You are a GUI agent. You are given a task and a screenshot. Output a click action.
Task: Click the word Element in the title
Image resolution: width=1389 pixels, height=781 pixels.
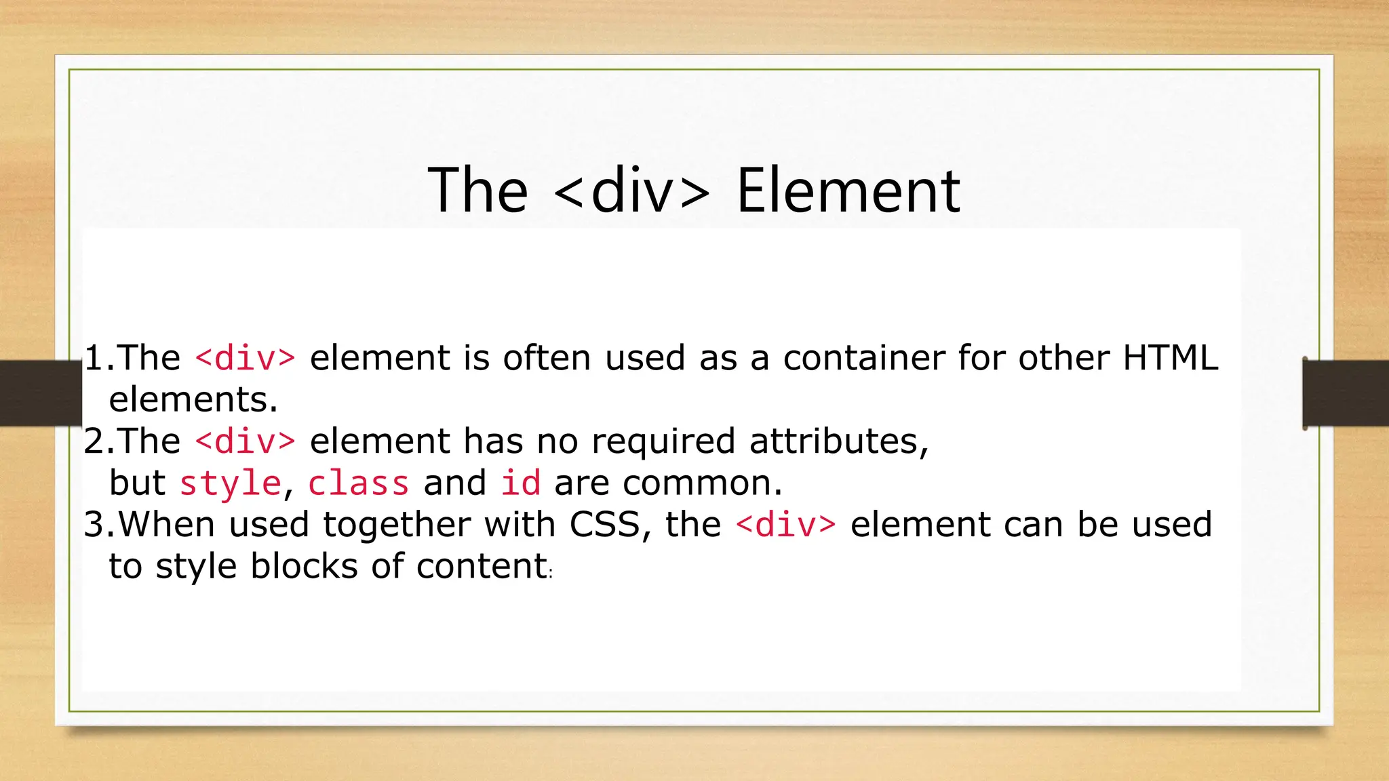tap(848, 192)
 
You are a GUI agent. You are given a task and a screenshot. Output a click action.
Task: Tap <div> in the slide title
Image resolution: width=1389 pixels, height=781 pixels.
tap(631, 192)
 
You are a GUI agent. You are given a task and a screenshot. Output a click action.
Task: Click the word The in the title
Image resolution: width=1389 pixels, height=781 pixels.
tap(477, 192)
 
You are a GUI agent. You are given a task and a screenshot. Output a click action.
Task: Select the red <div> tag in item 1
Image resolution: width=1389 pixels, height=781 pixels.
tap(245, 358)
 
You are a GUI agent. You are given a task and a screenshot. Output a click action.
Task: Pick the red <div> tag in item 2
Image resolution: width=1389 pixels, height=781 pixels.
tap(245, 441)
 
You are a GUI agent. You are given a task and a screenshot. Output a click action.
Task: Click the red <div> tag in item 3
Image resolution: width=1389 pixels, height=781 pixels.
tap(785, 525)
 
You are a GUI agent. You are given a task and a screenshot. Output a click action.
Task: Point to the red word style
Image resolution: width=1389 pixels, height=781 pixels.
tap(230, 483)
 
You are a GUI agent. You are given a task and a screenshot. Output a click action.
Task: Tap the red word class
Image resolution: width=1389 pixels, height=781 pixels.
tap(358, 483)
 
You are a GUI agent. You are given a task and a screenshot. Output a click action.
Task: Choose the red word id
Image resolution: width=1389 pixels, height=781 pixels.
tap(520, 483)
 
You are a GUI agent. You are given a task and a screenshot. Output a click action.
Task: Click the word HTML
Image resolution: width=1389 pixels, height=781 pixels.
tap(1171, 357)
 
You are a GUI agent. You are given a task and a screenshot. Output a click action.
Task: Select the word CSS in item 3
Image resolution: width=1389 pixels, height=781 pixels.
tap(605, 525)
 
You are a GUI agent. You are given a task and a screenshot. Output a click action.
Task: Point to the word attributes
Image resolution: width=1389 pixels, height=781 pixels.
tap(838, 442)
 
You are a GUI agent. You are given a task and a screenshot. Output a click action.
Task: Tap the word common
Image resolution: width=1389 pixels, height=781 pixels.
tap(702, 483)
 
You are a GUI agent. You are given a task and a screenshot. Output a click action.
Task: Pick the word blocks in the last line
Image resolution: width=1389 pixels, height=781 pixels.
tap(303, 566)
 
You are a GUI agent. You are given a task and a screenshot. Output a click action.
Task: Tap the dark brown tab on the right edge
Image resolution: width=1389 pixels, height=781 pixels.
tap(1346, 393)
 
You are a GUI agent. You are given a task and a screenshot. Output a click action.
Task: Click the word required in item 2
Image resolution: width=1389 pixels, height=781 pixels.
tap(663, 442)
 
